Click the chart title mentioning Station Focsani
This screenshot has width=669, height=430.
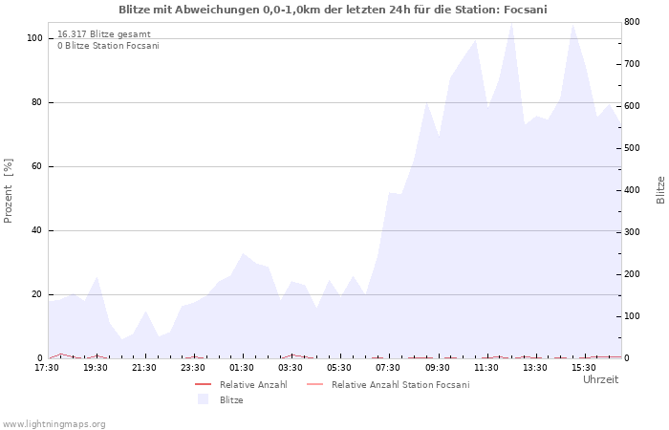(x=333, y=10)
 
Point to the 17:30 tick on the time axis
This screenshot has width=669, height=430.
(x=47, y=368)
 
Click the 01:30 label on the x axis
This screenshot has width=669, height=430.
(x=242, y=368)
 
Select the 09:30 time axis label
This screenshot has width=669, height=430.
(x=438, y=368)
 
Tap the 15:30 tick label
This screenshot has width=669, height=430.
(x=584, y=368)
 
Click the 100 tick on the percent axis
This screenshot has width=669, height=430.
(x=35, y=38)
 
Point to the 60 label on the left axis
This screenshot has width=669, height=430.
(x=37, y=166)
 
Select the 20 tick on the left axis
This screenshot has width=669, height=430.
(x=37, y=294)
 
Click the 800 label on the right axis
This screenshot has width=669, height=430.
(x=632, y=22)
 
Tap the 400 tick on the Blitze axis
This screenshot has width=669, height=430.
(x=632, y=190)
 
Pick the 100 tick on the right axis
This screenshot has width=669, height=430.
(x=632, y=316)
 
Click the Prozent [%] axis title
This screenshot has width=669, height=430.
(x=8, y=191)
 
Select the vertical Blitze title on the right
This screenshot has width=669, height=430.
(x=660, y=190)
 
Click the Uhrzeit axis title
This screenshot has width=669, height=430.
(x=601, y=379)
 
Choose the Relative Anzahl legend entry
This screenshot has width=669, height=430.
(x=241, y=385)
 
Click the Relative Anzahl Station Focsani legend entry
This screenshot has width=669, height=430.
(x=388, y=385)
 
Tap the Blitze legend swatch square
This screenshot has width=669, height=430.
(x=203, y=399)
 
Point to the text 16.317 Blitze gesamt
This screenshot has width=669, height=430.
(x=104, y=34)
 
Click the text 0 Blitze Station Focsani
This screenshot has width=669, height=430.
(x=108, y=46)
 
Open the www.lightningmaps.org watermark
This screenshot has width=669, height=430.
(x=54, y=424)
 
